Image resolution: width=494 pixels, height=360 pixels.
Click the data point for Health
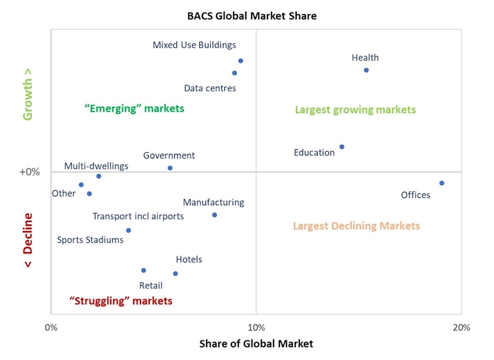coord(366,70)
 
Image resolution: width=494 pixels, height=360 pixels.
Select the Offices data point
coord(441,183)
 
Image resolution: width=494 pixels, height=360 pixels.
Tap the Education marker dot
coord(342,147)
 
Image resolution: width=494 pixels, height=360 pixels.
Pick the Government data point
coord(170,168)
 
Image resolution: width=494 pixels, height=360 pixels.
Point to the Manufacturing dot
coord(214,215)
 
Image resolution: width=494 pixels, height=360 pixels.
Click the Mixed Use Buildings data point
coord(240,61)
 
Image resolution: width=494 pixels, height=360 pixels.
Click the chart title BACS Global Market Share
coord(251,16)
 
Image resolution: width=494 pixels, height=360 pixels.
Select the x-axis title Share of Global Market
coord(256,344)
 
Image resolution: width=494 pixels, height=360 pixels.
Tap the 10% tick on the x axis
coord(256,328)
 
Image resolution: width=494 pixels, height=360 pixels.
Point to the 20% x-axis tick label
coord(461,328)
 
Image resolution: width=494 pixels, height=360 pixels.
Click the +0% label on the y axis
coord(30,172)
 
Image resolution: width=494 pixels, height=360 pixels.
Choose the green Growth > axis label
coord(28,99)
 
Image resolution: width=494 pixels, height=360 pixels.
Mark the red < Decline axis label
coord(28,240)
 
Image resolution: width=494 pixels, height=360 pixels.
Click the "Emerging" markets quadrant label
coord(134,108)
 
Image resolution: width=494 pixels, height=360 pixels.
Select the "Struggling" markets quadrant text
coord(121,301)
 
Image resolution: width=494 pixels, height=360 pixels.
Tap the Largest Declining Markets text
coord(356,226)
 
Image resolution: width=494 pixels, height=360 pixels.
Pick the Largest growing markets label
coord(355,110)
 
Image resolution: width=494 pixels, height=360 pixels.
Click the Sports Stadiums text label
coord(90,239)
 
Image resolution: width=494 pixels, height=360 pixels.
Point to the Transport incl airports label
coord(138,216)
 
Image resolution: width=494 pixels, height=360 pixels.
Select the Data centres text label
coord(210,88)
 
